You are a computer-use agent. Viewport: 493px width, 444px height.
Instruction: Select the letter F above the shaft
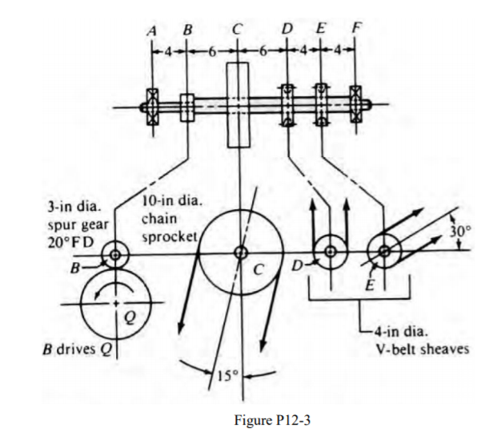click(357, 31)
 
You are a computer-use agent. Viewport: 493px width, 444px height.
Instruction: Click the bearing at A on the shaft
click(150, 105)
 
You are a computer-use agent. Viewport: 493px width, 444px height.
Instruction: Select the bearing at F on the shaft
click(357, 105)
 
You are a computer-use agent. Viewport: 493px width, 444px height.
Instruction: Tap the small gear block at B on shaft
click(187, 105)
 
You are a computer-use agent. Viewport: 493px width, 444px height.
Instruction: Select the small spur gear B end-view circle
click(116, 256)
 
